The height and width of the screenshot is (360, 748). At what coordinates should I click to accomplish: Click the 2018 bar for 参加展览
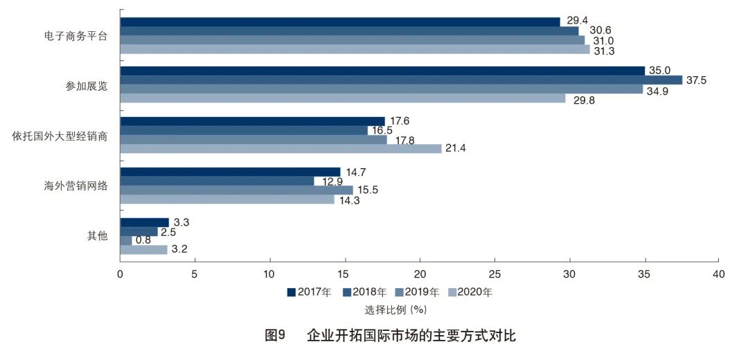click(x=401, y=80)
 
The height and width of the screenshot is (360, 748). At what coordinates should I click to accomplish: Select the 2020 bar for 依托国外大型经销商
click(x=280, y=148)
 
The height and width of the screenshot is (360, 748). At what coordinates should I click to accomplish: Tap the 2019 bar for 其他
click(x=126, y=240)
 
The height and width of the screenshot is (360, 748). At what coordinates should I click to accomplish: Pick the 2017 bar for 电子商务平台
click(x=340, y=21)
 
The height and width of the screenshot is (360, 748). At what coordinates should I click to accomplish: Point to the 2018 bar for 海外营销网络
click(x=217, y=181)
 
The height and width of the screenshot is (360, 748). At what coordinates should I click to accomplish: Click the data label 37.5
click(x=695, y=80)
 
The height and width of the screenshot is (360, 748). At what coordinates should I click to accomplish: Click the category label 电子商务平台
click(x=75, y=35)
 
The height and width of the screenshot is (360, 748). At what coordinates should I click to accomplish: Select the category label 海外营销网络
click(x=75, y=186)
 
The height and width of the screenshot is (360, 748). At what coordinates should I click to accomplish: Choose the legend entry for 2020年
click(x=470, y=292)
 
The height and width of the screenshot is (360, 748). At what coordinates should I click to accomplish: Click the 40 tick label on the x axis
click(x=719, y=274)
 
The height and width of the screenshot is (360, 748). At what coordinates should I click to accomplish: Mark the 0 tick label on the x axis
click(x=121, y=274)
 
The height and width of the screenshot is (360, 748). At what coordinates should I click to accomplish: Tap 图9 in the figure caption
click(x=276, y=336)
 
